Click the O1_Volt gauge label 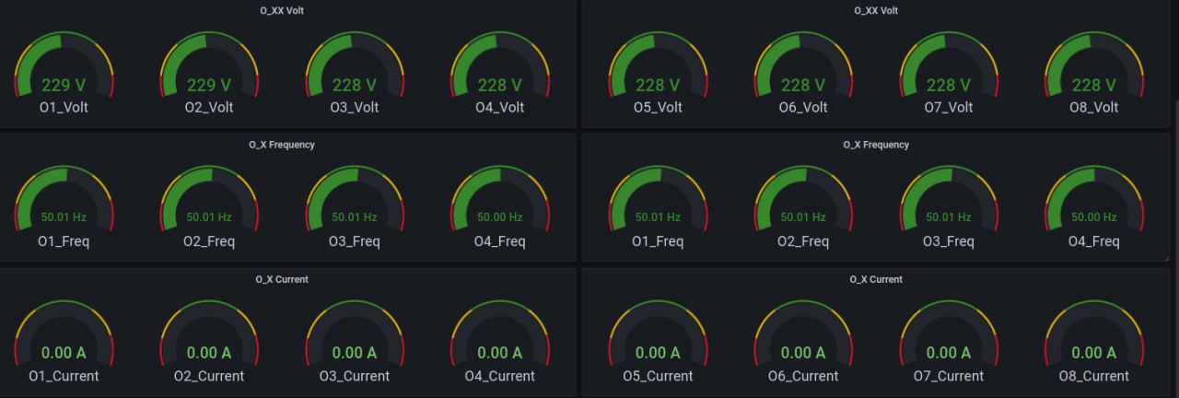(64, 107)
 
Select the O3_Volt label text (355, 107)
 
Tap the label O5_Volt (658, 107)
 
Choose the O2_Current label (209, 376)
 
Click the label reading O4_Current (500, 376)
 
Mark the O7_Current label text (949, 376)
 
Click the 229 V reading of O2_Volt (209, 85)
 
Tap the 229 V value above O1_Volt (64, 85)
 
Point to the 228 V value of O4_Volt (500, 85)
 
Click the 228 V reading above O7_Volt (949, 85)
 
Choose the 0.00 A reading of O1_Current (64, 352)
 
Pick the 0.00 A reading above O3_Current (355, 352)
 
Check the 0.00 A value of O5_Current (658, 352)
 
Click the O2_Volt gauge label (209, 107)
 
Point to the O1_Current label (64, 376)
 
